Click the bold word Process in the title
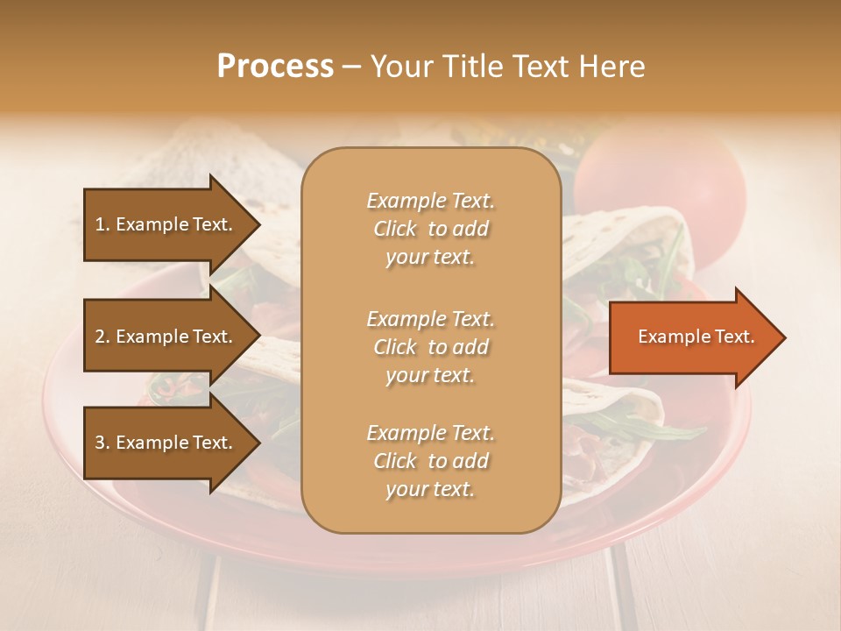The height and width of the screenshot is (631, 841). coord(275,67)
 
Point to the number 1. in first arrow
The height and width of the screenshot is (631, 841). coord(102,224)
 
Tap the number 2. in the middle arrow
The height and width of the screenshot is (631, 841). coord(102,337)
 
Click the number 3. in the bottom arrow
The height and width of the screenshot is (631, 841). coord(102,443)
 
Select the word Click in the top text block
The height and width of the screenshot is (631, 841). coord(395,229)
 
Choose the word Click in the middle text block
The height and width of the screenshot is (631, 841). coord(395,347)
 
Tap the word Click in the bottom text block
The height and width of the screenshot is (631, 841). coord(395,461)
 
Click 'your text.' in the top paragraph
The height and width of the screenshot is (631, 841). coord(430,258)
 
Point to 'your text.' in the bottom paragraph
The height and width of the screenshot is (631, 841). coord(430,490)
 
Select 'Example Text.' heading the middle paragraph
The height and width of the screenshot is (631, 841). coord(430,319)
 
